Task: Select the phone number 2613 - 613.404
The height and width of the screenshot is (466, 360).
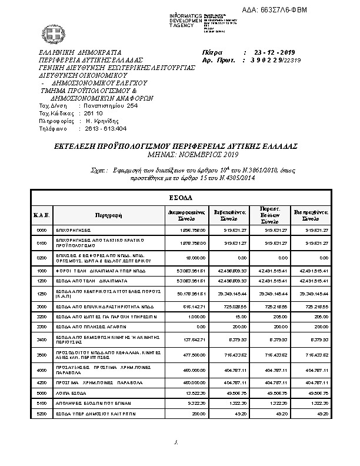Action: [x=102, y=128]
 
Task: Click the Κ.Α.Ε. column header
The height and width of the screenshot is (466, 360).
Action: [x=41, y=215]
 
